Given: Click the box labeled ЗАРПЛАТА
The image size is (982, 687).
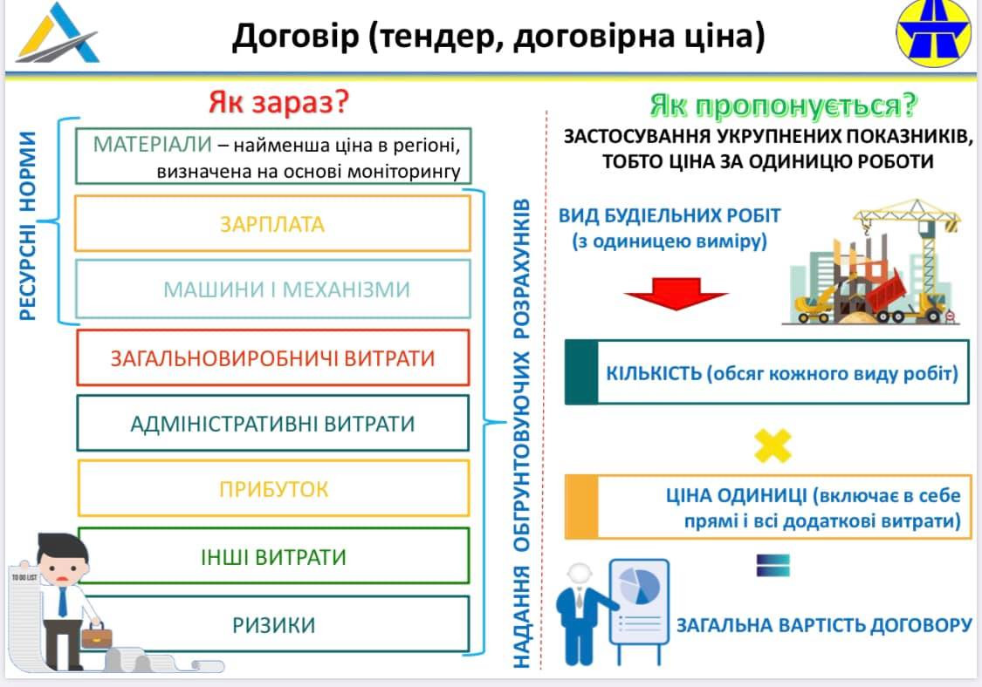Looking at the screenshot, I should [271, 224].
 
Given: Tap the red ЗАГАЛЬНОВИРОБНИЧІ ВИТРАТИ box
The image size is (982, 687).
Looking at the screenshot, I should [272, 357].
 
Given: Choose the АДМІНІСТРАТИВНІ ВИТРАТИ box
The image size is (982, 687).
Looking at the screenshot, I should [272, 424].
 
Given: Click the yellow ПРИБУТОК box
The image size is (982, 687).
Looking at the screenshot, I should [273, 488].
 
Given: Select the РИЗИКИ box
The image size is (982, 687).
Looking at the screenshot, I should [273, 624].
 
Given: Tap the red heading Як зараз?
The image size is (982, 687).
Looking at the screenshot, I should [278, 103].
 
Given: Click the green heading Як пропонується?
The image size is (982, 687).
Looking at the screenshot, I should [783, 105].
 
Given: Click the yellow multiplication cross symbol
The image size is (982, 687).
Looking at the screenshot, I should [773, 446].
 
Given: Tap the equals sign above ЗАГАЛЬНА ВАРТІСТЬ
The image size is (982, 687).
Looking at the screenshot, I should [773, 565].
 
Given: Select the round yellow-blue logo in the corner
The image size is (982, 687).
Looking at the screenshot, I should [933, 33].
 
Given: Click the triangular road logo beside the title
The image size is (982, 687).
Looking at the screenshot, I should [58, 35].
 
